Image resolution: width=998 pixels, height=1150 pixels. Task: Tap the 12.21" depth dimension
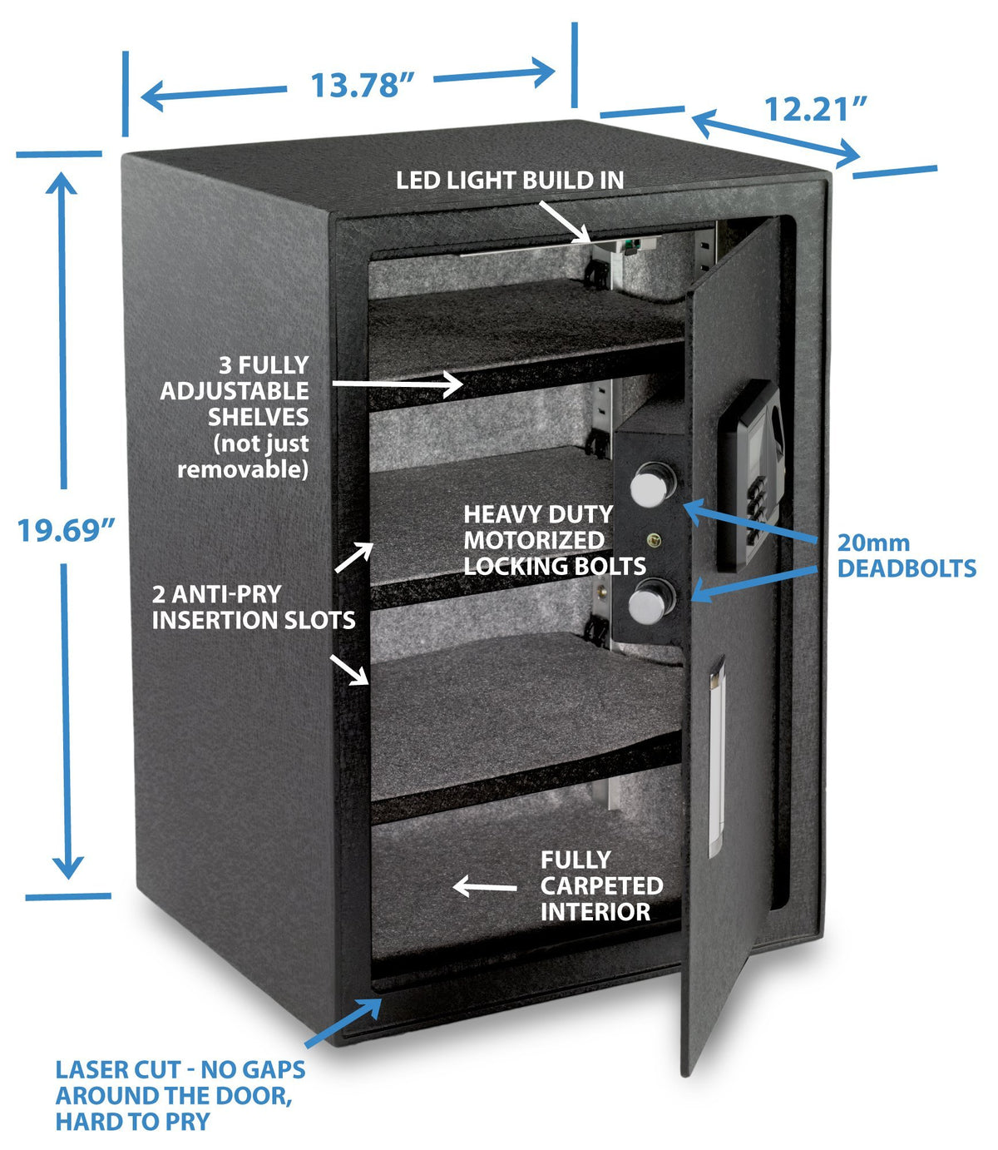(816, 108)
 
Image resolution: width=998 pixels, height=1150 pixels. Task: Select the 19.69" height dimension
(66, 529)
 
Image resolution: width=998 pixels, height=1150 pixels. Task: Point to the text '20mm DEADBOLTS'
(906, 556)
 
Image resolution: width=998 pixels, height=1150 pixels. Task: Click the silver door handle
(716, 756)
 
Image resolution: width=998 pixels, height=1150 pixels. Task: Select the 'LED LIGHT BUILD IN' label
(509, 180)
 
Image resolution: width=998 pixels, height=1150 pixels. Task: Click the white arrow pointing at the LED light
(566, 222)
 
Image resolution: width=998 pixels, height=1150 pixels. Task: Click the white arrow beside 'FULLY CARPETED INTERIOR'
(484, 887)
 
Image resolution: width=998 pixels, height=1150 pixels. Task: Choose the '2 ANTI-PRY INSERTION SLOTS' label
(254, 607)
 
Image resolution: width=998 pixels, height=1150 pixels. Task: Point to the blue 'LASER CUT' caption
(180, 1095)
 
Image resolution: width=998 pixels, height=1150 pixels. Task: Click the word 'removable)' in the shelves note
(243, 469)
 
